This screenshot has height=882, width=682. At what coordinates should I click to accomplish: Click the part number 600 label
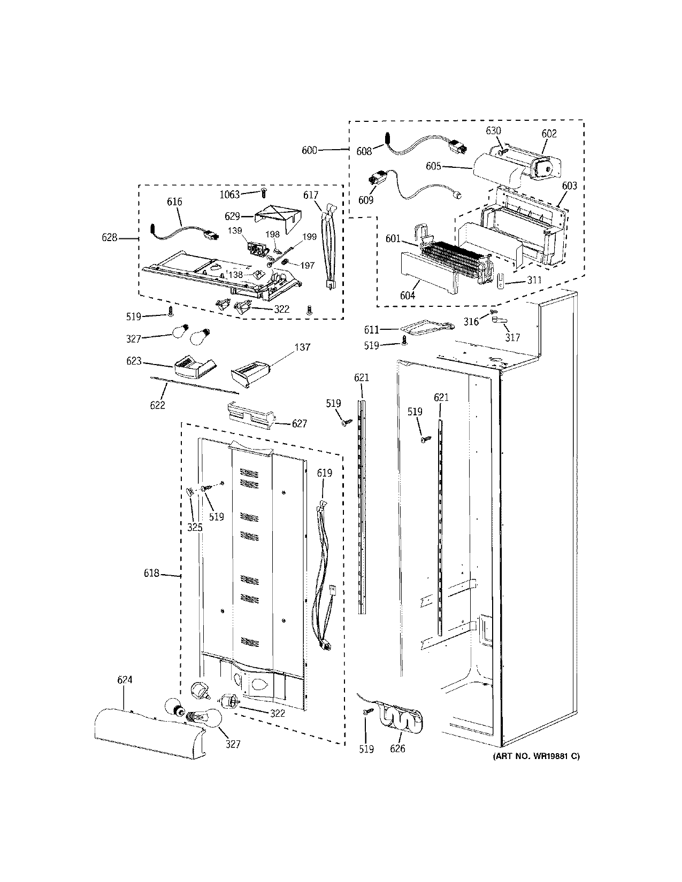tap(309, 150)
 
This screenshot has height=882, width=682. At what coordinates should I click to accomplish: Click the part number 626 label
tap(397, 749)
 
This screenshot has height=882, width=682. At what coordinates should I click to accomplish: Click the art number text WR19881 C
tap(535, 756)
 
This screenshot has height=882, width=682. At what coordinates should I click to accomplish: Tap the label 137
tap(302, 347)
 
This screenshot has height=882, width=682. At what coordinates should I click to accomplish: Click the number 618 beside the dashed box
tap(151, 574)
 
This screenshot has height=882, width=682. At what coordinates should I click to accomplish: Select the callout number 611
tap(371, 330)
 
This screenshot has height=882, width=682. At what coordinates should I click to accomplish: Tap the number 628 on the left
tap(110, 237)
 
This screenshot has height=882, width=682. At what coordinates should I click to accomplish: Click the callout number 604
tap(408, 295)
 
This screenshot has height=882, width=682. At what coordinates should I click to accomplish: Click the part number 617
tap(310, 195)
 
